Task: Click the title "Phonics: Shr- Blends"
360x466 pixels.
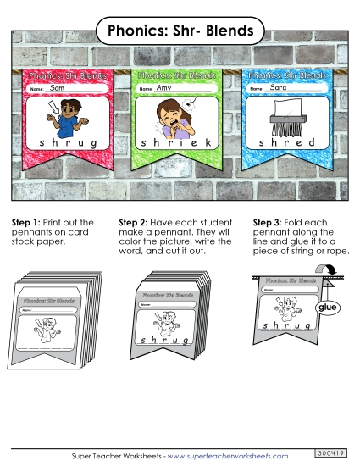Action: point(180,31)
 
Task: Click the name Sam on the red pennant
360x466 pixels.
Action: point(57,87)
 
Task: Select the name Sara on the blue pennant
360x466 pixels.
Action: point(278,87)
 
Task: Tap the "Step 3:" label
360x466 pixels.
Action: point(269,223)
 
